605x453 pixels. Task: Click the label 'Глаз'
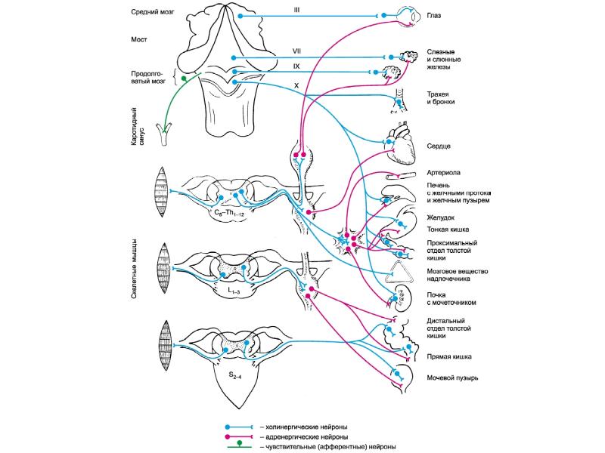coord(433,16)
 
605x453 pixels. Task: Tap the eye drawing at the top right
coord(409,17)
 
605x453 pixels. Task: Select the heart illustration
coord(402,143)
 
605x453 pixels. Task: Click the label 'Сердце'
coord(439,146)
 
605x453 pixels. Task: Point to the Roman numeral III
coord(296,11)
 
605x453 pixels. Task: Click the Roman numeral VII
coord(296,51)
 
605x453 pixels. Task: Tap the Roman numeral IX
coord(296,66)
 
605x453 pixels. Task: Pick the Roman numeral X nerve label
coord(296,86)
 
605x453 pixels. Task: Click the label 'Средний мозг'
coord(153,12)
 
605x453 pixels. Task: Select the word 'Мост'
coord(139,39)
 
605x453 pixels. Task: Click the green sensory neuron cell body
coord(184,79)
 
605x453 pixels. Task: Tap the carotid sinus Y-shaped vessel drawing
coord(164,134)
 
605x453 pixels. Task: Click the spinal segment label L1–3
coord(234,291)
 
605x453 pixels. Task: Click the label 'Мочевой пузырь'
coord(452,378)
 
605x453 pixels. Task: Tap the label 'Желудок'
coord(441,218)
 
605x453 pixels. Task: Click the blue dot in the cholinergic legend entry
coord(228,427)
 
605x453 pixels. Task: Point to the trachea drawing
coord(399,100)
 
